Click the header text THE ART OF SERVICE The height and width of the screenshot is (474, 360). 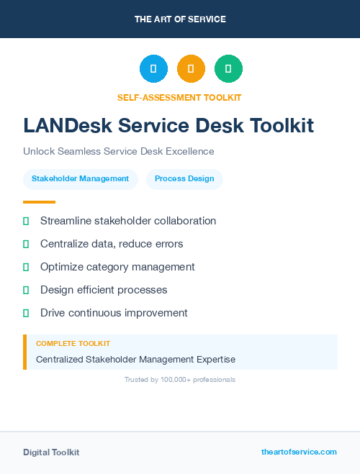click(180, 19)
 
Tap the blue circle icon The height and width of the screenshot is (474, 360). click(153, 69)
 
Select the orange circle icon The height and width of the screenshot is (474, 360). click(191, 69)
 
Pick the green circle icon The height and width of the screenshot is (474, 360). click(228, 69)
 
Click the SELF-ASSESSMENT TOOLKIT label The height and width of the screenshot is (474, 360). click(179, 98)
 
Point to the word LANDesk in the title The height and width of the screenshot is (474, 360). click(66, 126)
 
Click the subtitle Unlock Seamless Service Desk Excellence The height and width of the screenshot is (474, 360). click(119, 151)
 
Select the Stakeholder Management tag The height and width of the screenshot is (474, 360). click(81, 178)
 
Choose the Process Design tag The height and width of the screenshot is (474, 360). click(184, 178)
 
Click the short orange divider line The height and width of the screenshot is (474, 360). click(39, 202)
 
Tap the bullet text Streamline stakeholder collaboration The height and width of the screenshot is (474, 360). click(128, 221)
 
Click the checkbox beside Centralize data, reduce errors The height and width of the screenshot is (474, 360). click(26, 245)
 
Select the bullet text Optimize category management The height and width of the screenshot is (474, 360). click(117, 267)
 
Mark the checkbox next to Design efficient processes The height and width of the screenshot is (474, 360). click(26, 291)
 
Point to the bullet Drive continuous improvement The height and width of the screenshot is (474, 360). click(114, 313)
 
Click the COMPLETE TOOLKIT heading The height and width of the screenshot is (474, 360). click(73, 344)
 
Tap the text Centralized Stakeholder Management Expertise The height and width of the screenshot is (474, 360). click(135, 359)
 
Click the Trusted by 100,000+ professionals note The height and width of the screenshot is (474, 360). click(180, 379)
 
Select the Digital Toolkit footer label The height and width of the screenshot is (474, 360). click(51, 452)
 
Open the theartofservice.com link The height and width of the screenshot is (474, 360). click(299, 452)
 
